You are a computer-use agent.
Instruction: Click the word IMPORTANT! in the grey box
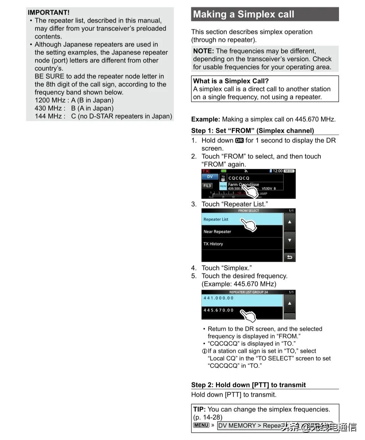pyautogui.click(x=49, y=13)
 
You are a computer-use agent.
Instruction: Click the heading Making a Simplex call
pyautogui.click(x=243, y=14)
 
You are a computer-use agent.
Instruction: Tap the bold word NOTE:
pyautogui.click(x=203, y=51)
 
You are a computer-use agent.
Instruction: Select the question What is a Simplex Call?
pyautogui.click(x=231, y=81)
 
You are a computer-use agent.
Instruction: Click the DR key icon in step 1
pyautogui.click(x=239, y=140)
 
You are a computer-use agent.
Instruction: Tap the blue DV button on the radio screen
pyautogui.click(x=210, y=177)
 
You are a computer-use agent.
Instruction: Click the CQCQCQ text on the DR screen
pyautogui.click(x=239, y=178)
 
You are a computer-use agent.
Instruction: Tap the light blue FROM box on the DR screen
pyautogui.click(x=223, y=186)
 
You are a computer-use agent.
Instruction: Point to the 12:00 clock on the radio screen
pyautogui.click(x=277, y=171)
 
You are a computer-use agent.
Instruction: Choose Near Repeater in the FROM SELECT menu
pyautogui.click(x=217, y=232)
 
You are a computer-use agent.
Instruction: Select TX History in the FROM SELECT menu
pyautogui.click(x=213, y=244)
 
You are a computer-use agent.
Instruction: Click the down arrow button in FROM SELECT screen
pyautogui.click(x=290, y=240)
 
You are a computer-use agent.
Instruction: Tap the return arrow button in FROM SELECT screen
pyautogui.click(x=290, y=257)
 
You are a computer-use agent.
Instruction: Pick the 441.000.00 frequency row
pyautogui.click(x=219, y=298)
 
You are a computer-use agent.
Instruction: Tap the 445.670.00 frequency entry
pyautogui.click(x=219, y=310)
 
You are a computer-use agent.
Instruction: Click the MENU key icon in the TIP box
pyautogui.click(x=201, y=425)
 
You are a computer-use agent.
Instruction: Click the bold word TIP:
pyautogui.click(x=199, y=409)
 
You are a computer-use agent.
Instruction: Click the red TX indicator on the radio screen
pyautogui.click(x=206, y=171)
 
